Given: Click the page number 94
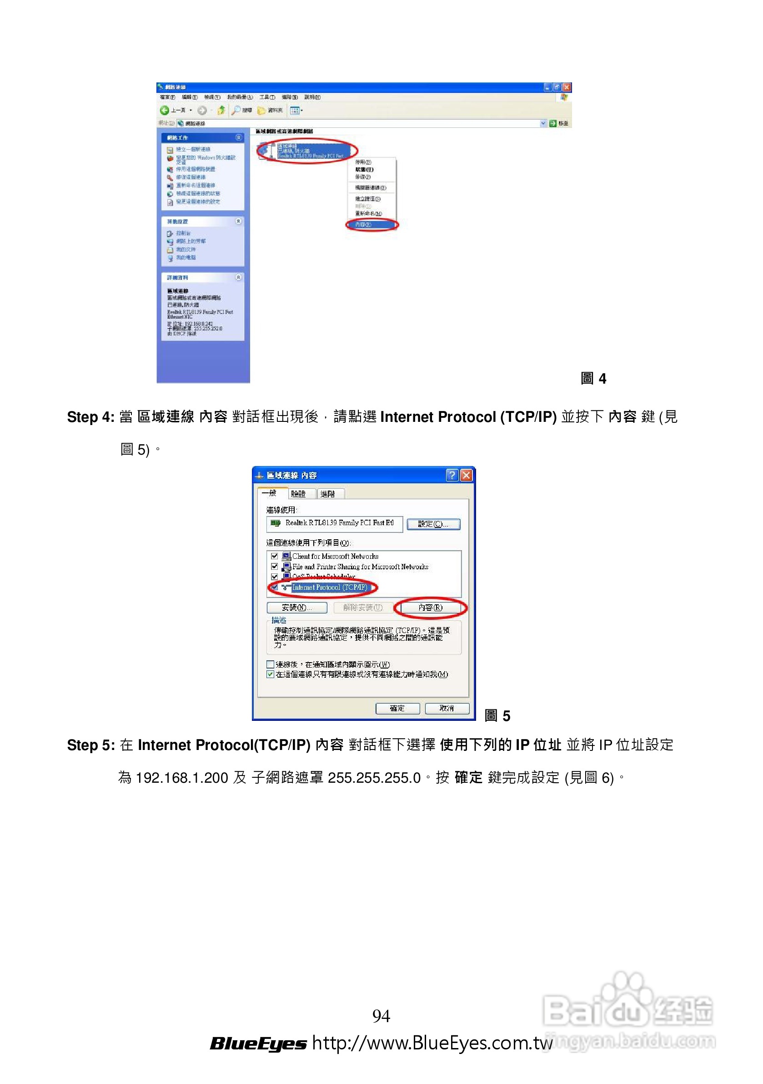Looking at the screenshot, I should pyautogui.click(x=381, y=1015).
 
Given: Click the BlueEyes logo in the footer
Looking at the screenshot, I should pyautogui.click(x=258, y=1043).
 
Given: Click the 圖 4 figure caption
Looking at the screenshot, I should pyautogui.click(x=593, y=379).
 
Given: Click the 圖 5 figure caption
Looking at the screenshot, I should pyautogui.click(x=497, y=716).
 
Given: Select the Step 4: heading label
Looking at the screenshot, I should pyautogui.click(x=90, y=417).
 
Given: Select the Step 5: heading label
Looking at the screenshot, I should pyautogui.click(x=90, y=745).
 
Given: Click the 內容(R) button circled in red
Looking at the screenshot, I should pyautogui.click(x=430, y=608).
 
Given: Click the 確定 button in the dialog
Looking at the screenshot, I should pyautogui.click(x=397, y=708).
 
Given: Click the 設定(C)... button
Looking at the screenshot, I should pyautogui.click(x=433, y=524).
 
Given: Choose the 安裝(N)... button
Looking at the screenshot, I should pyautogui.click(x=297, y=608).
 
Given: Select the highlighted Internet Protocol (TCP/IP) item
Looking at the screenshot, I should pyautogui.click(x=329, y=588).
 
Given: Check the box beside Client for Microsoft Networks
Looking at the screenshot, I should pyautogui.click(x=274, y=556).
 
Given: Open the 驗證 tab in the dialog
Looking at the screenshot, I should pyautogui.click(x=298, y=494).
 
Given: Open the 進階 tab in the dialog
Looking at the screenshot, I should pyautogui.click(x=328, y=494).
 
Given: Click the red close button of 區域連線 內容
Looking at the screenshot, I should pyautogui.click(x=466, y=475).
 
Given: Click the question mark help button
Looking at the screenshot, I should pyautogui.click(x=452, y=475).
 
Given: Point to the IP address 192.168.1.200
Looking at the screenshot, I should pyautogui.click(x=182, y=778).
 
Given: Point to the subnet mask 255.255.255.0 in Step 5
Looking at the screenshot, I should pyautogui.click(x=374, y=778).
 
